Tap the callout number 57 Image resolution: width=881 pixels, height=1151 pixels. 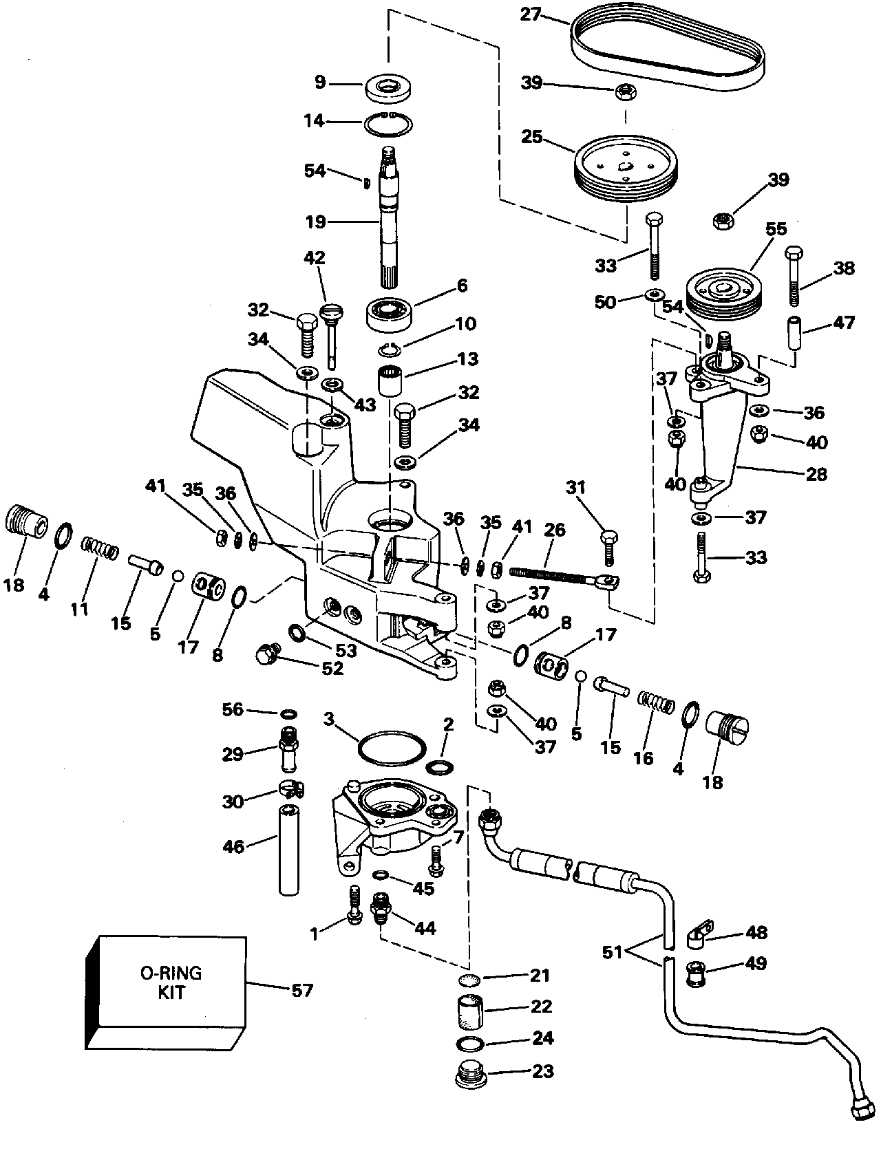tap(302, 991)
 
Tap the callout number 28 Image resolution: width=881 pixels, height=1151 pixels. tap(816, 474)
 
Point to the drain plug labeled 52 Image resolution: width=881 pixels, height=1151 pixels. tap(266, 655)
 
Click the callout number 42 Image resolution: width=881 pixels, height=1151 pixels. tap(315, 258)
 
